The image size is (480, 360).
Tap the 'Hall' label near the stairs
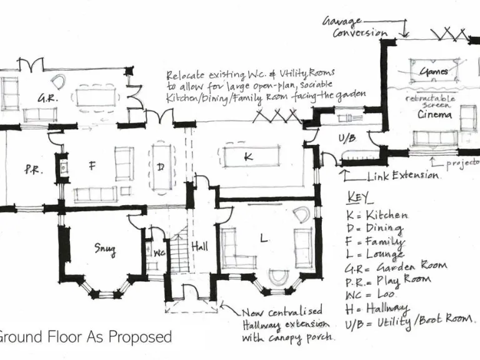tap(200, 246)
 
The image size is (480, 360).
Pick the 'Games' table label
tap(434, 71)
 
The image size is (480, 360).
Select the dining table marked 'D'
tap(161, 167)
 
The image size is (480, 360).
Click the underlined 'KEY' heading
tap(359, 199)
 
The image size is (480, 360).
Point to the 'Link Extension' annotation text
tap(402, 176)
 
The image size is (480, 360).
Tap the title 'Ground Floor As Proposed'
tap(86, 337)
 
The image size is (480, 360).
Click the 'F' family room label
tap(92, 166)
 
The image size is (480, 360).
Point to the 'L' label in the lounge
tap(265, 238)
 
